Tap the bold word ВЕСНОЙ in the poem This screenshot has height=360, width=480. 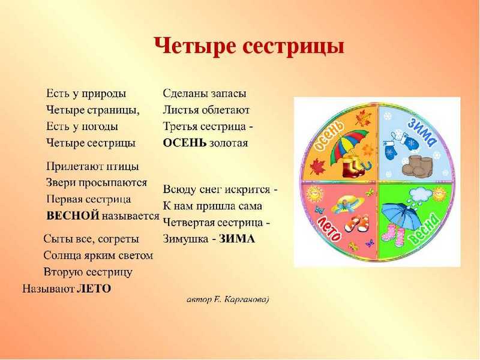click(73, 216)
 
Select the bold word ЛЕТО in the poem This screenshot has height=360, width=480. click(94, 289)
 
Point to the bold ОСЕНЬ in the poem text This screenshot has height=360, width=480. click(185, 143)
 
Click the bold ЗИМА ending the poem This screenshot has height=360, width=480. click(237, 239)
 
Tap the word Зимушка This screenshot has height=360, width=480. click(185, 239)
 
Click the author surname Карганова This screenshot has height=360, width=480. click(246, 299)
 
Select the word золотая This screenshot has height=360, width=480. click(229, 143)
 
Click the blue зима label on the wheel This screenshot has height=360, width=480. click(422, 132)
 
